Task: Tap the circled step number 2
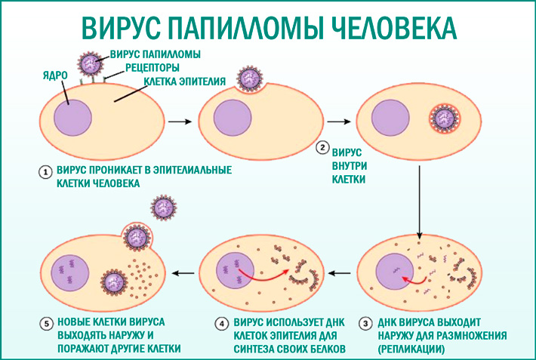point(322,148)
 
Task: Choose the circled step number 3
point(366,324)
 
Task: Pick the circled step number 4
point(222,324)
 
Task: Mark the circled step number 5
point(45,324)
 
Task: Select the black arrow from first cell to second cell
point(178,120)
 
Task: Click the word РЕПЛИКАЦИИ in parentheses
point(411,349)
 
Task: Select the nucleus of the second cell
point(231,119)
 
